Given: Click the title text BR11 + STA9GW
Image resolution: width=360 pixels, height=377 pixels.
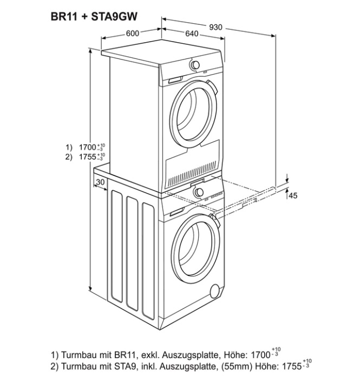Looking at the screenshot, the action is coord(94,17).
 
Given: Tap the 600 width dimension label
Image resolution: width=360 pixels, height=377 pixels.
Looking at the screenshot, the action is coord(133,33).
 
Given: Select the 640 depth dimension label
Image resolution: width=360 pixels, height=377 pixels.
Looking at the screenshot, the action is coord(192,34).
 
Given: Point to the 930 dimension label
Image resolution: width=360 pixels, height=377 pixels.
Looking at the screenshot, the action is coord(215,28).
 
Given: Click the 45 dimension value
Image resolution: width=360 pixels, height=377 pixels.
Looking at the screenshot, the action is coord(293,196).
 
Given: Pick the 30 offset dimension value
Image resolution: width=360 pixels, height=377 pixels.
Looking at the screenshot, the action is coord(100,182).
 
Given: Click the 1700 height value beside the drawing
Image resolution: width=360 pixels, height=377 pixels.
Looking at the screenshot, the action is coord(88,147).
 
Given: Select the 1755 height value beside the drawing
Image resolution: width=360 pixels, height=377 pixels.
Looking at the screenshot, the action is coord(88,157).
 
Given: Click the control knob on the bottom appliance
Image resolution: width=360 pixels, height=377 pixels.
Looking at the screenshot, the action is coord(199,192).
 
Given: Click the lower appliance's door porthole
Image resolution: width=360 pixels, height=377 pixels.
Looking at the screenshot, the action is coord(197,248).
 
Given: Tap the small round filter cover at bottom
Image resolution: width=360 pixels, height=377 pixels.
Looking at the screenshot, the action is coord(215,292).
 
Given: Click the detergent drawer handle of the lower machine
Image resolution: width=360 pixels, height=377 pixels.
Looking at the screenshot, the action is coord(177,213).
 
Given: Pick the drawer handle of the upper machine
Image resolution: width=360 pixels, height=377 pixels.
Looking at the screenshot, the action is coord(175,80).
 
